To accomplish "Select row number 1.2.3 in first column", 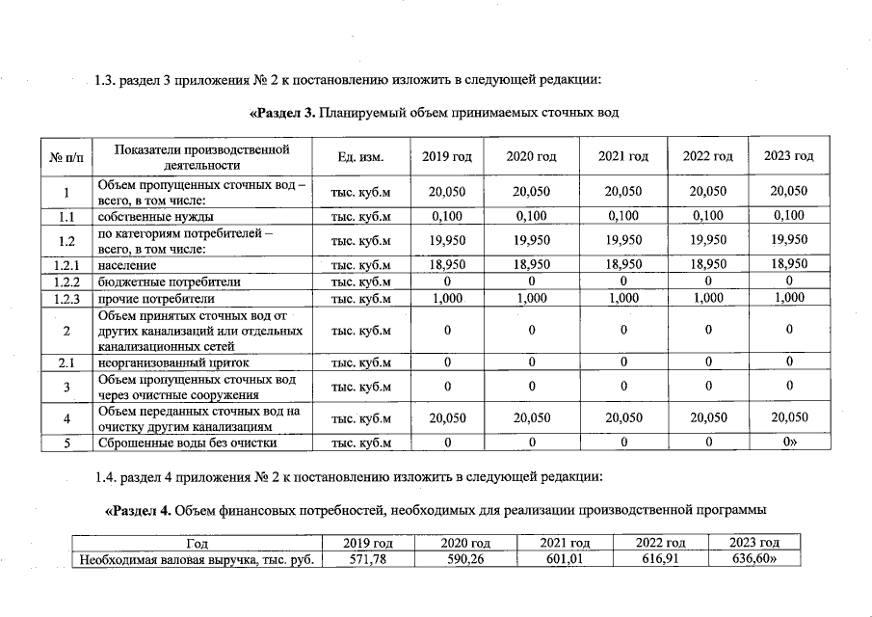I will tap(66, 299).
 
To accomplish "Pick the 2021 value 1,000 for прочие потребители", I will tap(622, 299).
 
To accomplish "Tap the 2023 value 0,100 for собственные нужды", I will tap(788, 216).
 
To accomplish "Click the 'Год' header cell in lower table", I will tap(197, 544).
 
